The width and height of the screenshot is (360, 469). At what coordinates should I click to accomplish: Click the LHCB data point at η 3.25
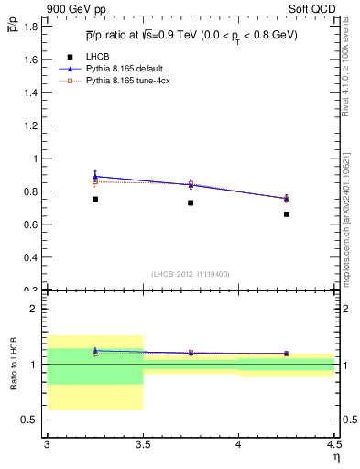[x=95, y=199]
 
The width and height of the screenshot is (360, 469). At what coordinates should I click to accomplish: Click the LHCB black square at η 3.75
[x=191, y=202]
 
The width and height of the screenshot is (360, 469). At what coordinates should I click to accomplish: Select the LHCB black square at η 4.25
[x=287, y=214]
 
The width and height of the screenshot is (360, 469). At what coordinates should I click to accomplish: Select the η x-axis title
[x=335, y=456]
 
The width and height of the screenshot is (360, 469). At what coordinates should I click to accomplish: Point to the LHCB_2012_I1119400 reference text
[x=190, y=274]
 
